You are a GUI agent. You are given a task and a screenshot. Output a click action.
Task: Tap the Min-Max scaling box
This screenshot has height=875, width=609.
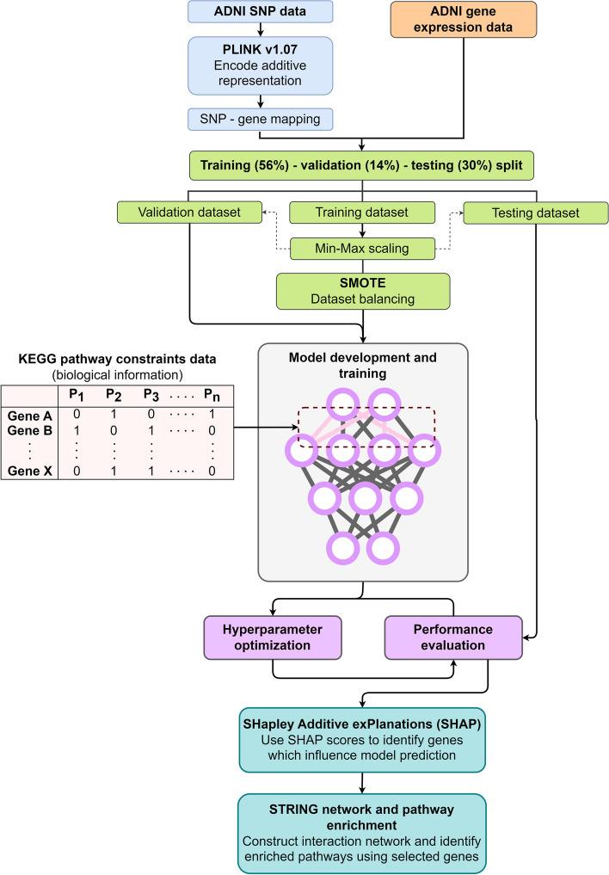tap(363, 249)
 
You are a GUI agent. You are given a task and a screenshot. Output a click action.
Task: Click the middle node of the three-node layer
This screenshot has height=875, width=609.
tap(365, 496)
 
